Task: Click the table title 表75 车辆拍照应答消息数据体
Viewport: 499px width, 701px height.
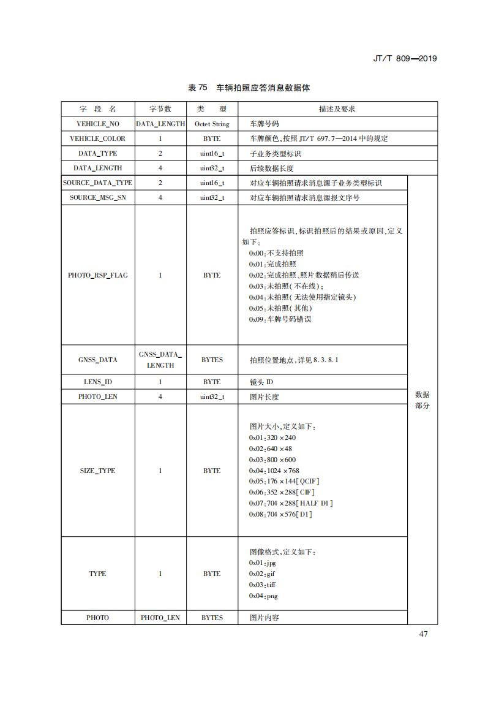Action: (249, 88)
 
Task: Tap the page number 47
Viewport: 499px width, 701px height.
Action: (424, 634)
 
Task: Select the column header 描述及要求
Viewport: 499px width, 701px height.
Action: (337, 109)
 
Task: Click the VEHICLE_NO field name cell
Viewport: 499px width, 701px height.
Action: (98, 124)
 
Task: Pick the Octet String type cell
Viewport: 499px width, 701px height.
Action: (212, 124)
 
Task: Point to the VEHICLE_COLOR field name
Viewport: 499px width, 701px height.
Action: (98, 138)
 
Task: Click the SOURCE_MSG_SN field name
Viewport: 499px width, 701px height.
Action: (98, 197)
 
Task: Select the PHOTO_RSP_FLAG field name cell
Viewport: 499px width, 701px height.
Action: (98, 275)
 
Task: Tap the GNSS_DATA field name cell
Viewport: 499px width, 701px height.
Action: (98, 360)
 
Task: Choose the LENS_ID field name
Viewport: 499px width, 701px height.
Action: (98, 382)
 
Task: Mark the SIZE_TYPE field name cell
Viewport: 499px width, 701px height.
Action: (98, 471)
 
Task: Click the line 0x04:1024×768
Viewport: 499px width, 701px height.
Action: (274, 471)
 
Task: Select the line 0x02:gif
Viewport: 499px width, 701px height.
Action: (262, 574)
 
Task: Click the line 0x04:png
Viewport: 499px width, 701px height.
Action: (263, 596)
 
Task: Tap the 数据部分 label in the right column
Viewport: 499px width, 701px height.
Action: (422, 400)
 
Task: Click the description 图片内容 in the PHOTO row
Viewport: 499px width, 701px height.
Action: (265, 618)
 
